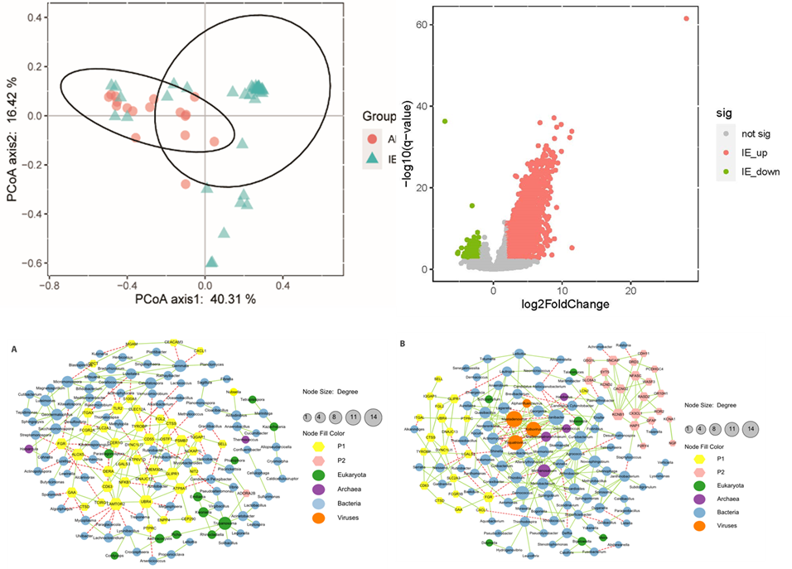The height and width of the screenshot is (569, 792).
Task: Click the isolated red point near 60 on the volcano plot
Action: tap(686, 18)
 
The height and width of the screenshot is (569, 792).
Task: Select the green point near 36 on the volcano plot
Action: tap(445, 122)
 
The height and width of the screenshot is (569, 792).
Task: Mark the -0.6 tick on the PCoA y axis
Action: tap(33, 263)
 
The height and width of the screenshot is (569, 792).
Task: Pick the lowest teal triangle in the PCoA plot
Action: tap(212, 263)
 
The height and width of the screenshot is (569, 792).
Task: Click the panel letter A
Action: tap(14, 350)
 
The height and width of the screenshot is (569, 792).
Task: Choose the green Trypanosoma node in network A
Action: tap(225, 522)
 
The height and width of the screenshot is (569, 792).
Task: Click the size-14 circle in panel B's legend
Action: tap(751, 428)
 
